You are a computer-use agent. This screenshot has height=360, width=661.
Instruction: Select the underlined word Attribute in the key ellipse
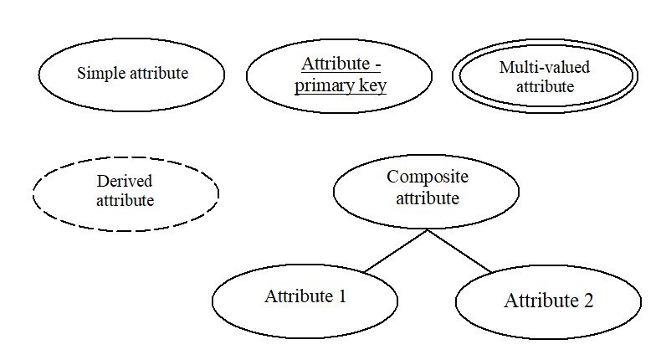[x=336, y=64]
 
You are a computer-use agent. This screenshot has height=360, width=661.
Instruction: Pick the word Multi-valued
[x=544, y=67]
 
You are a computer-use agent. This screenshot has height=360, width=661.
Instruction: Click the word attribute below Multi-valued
[x=545, y=86]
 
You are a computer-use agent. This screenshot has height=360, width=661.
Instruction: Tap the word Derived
[x=125, y=181]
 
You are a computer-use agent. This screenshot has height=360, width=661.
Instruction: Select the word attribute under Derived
[x=126, y=200]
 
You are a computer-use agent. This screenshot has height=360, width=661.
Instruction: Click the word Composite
[x=428, y=177]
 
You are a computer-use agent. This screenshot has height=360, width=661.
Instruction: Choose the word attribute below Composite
[x=428, y=198]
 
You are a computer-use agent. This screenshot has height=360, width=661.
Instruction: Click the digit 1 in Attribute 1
[x=342, y=296]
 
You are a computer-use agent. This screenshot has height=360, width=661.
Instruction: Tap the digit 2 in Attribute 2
[x=588, y=301]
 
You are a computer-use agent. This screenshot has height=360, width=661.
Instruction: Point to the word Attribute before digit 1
[x=299, y=296]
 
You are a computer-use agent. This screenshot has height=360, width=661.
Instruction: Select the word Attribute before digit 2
[x=541, y=301]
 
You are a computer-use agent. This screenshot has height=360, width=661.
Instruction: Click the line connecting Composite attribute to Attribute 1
[x=396, y=250]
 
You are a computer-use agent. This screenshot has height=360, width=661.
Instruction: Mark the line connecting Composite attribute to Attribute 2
[x=459, y=251]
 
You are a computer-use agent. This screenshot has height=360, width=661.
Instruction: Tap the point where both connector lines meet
[x=428, y=230]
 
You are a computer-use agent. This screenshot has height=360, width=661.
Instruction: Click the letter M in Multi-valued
[x=506, y=68]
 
